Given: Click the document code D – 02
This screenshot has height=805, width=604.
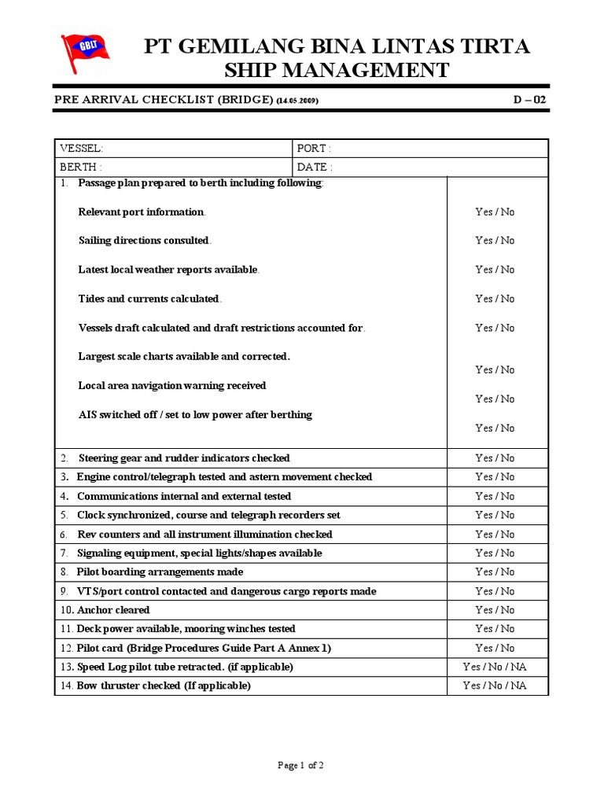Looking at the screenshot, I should (x=528, y=100).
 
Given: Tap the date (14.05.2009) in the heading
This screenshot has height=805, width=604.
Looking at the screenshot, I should (x=297, y=101).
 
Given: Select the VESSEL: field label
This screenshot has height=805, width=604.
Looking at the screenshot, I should (x=82, y=149).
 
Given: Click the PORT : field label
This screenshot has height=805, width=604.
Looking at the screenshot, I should (x=314, y=149).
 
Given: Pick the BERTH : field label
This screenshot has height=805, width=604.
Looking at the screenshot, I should (x=81, y=167).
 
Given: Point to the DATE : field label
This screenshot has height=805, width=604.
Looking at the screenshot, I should (x=315, y=167).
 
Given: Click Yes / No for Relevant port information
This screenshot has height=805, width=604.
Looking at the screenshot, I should (x=495, y=212).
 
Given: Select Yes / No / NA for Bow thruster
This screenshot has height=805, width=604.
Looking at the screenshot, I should (x=495, y=686).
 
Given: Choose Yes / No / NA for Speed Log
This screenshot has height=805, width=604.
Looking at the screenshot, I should (x=495, y=667).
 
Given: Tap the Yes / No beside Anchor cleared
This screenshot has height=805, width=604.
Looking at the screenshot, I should (x=495, y=610).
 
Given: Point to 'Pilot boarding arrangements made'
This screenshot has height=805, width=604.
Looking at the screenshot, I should (x=160, y=572).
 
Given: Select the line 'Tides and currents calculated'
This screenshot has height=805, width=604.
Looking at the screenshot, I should (x=149, y=299).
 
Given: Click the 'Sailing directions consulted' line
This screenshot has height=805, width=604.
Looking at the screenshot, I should (x=145, y=241).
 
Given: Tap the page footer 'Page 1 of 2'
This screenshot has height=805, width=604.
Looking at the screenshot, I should (x=301, y=765).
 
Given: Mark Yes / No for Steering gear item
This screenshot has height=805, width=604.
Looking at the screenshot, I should (x=495, y=458).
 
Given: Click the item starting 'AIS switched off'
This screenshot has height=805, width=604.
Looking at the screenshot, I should (x=195, y=415).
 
